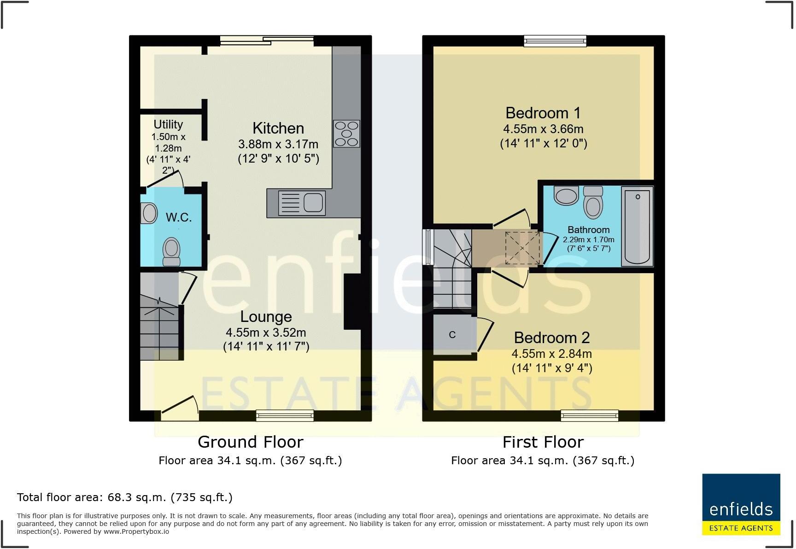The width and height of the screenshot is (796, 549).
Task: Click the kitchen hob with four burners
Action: click(x=346, y=134)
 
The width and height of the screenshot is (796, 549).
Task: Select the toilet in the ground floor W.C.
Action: click(x=171, y=251)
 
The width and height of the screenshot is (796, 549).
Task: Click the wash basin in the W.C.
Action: click(x=149, y=213)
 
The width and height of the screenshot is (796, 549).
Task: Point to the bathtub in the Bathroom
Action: click(x=637, y=226)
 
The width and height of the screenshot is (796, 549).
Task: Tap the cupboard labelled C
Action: click(x=453, y=335)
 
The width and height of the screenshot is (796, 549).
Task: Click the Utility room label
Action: click(x=168, y=124)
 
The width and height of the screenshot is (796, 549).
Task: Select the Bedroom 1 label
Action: click(x=543, y=113)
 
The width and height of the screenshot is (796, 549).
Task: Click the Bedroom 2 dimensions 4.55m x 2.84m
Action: click(x=551, y=354)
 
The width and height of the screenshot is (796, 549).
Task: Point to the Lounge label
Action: click(x=266, y=317)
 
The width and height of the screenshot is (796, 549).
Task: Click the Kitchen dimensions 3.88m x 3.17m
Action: click(x=278, y=144)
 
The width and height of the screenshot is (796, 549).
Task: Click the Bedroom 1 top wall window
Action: click(x=555, y=41)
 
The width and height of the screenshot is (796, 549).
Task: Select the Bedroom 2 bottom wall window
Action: click(x=589, y=416)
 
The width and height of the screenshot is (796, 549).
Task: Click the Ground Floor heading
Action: click(x=250, y=442)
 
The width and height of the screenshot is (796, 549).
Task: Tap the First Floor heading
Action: click(x=543, y=442)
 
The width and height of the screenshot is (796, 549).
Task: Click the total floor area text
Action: click(x=124, y=497)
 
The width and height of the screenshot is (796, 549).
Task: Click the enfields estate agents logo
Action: click(x=741, y=504)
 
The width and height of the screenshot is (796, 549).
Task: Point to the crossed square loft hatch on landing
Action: click(x=522, y=248)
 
